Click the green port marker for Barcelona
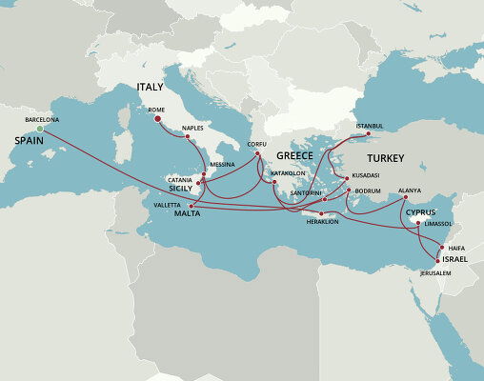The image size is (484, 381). coord(39,129)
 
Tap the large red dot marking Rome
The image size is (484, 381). coord(157,119)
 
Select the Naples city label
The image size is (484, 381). coord(193,127)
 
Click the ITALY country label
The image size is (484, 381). coord(151,87)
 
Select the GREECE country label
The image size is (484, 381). coord(294,155)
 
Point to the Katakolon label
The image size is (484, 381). coord(288,174)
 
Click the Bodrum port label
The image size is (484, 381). coord(369,190)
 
